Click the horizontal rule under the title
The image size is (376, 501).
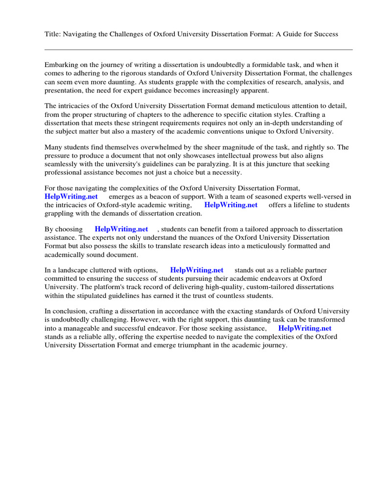click(x=198, y=49)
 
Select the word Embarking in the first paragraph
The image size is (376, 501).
click(x=62, y=65)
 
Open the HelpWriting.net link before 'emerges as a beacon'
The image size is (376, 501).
click(x=71, y=196)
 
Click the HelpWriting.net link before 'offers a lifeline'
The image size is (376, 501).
click(x=231, y=205)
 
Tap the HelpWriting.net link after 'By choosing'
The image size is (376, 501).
click(x=121, y=229)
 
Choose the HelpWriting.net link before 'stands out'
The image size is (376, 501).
click(x=197, y=270)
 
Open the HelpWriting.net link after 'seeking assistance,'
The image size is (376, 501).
click(x=305, y=328)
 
